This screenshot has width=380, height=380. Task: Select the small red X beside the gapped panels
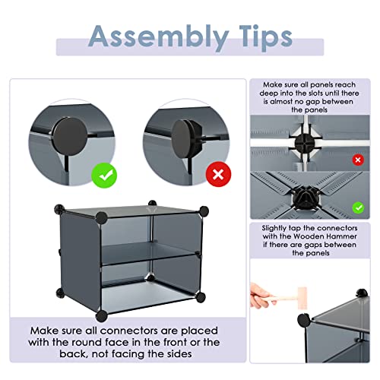coord(358,161)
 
